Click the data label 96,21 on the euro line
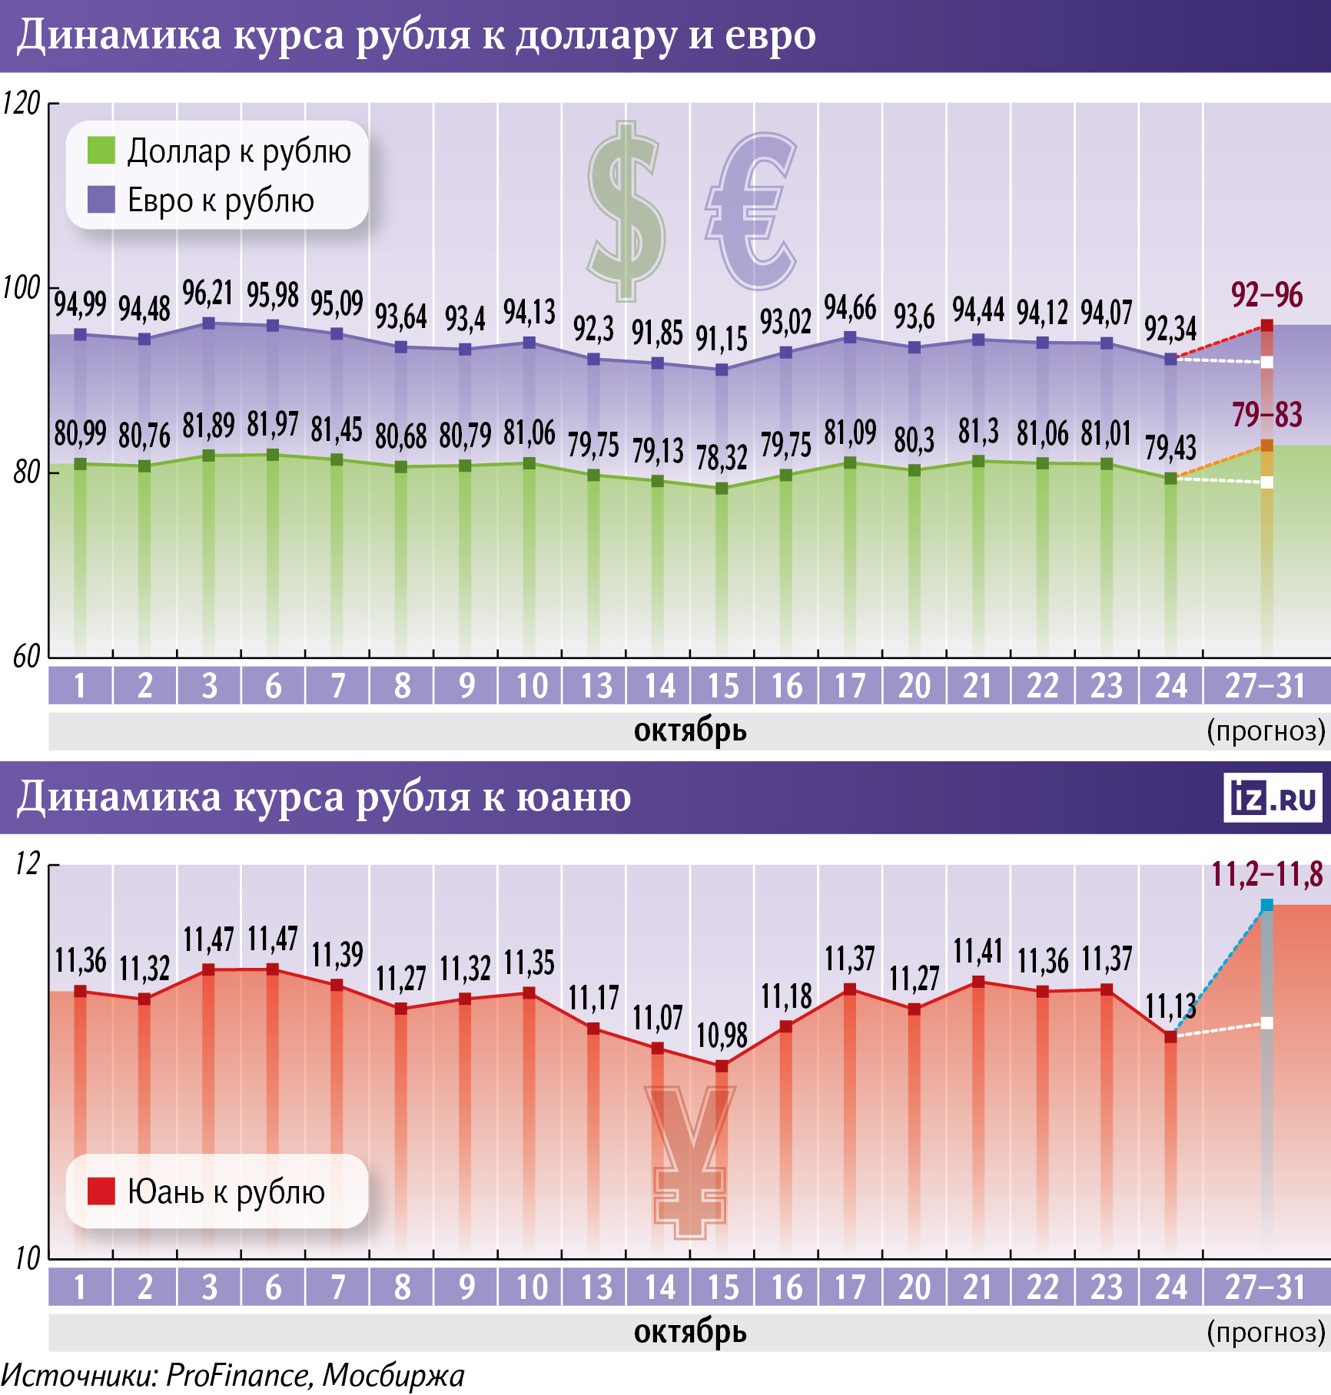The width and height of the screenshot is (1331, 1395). (207, 293)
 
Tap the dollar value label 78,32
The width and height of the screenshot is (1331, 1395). (722, 458)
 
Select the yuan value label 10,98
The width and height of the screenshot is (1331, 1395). (722, 1035)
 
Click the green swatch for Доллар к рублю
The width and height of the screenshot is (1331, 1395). (101, 151)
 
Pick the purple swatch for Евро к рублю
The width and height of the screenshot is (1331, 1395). (101, 200)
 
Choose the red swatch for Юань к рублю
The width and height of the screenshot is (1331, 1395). (101, 1191)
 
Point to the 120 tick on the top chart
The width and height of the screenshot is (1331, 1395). (22, 104)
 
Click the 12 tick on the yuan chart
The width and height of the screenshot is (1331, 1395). (27, 865)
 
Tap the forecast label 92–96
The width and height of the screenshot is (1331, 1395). (1266, 295)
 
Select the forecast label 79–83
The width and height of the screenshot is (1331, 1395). (1266, 416)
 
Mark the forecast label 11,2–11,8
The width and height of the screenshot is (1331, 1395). (1266, 875)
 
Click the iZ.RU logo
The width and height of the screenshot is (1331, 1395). (1273, 798)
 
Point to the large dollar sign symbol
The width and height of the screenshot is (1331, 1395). (626, 211)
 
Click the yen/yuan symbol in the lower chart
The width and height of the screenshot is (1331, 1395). (689, 1160)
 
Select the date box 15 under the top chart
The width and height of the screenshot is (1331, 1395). (722, 686)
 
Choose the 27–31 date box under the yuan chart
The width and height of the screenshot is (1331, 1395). (1265, 1287)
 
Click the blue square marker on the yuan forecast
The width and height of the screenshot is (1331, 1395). (1266, 906)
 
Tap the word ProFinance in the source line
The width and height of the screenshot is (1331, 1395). (238, 1376)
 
